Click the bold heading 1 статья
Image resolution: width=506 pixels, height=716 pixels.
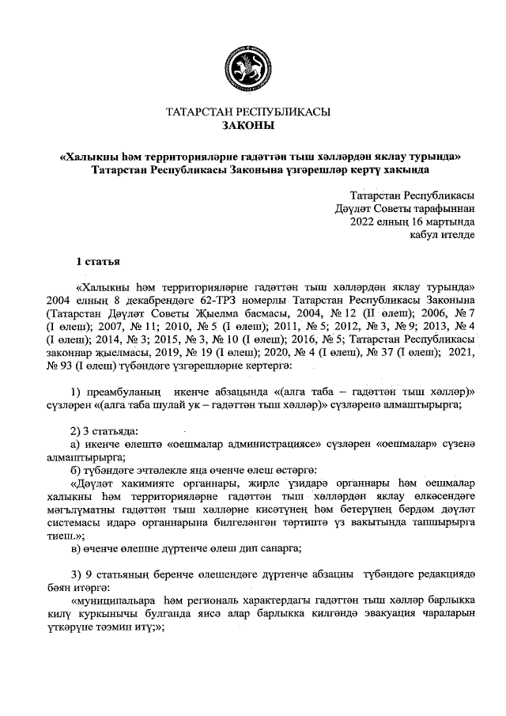pyautogui.click(x=97, y=261)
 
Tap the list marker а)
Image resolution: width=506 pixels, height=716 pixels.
pyautogui.click(x=77, y=445)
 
